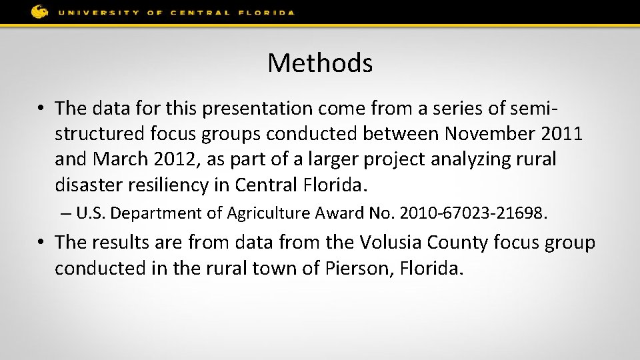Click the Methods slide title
point(320,63)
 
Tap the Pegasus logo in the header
point(40,11)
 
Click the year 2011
point(563,133)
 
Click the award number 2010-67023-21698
point(472,213)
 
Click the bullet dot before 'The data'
point(41,108)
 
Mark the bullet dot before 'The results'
point(41,243)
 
